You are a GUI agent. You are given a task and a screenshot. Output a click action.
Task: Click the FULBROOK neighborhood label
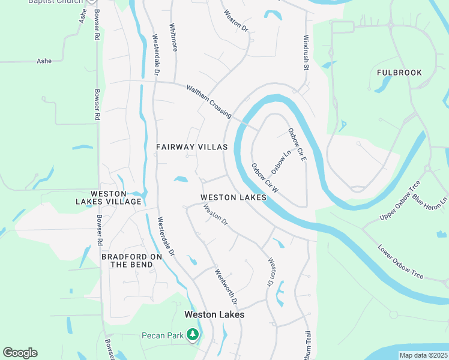tap(399, 73)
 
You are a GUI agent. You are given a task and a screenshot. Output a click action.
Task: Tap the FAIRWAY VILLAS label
tap(192, 147)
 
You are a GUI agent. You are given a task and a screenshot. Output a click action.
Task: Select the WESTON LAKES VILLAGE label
tap(116, 197)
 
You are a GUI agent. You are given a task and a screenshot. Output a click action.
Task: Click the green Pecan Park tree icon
tap(193, 334)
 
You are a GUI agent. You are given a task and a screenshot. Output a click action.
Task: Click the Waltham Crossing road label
tap(209, 100)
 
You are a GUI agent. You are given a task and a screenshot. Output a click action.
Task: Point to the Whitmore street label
tap(173, 37)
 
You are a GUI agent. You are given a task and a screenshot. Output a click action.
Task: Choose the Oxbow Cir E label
tap(297, 143)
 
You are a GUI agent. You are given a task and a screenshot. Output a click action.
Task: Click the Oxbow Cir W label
tap(265, 178)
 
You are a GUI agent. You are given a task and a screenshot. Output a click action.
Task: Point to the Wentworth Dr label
tap(226, 287)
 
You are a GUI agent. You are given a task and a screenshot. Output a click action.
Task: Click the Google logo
tap(20, 353)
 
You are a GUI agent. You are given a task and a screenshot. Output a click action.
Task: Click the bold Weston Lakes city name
tap(214, 314)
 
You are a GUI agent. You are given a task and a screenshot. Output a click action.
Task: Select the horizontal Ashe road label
tap(44, 61)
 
